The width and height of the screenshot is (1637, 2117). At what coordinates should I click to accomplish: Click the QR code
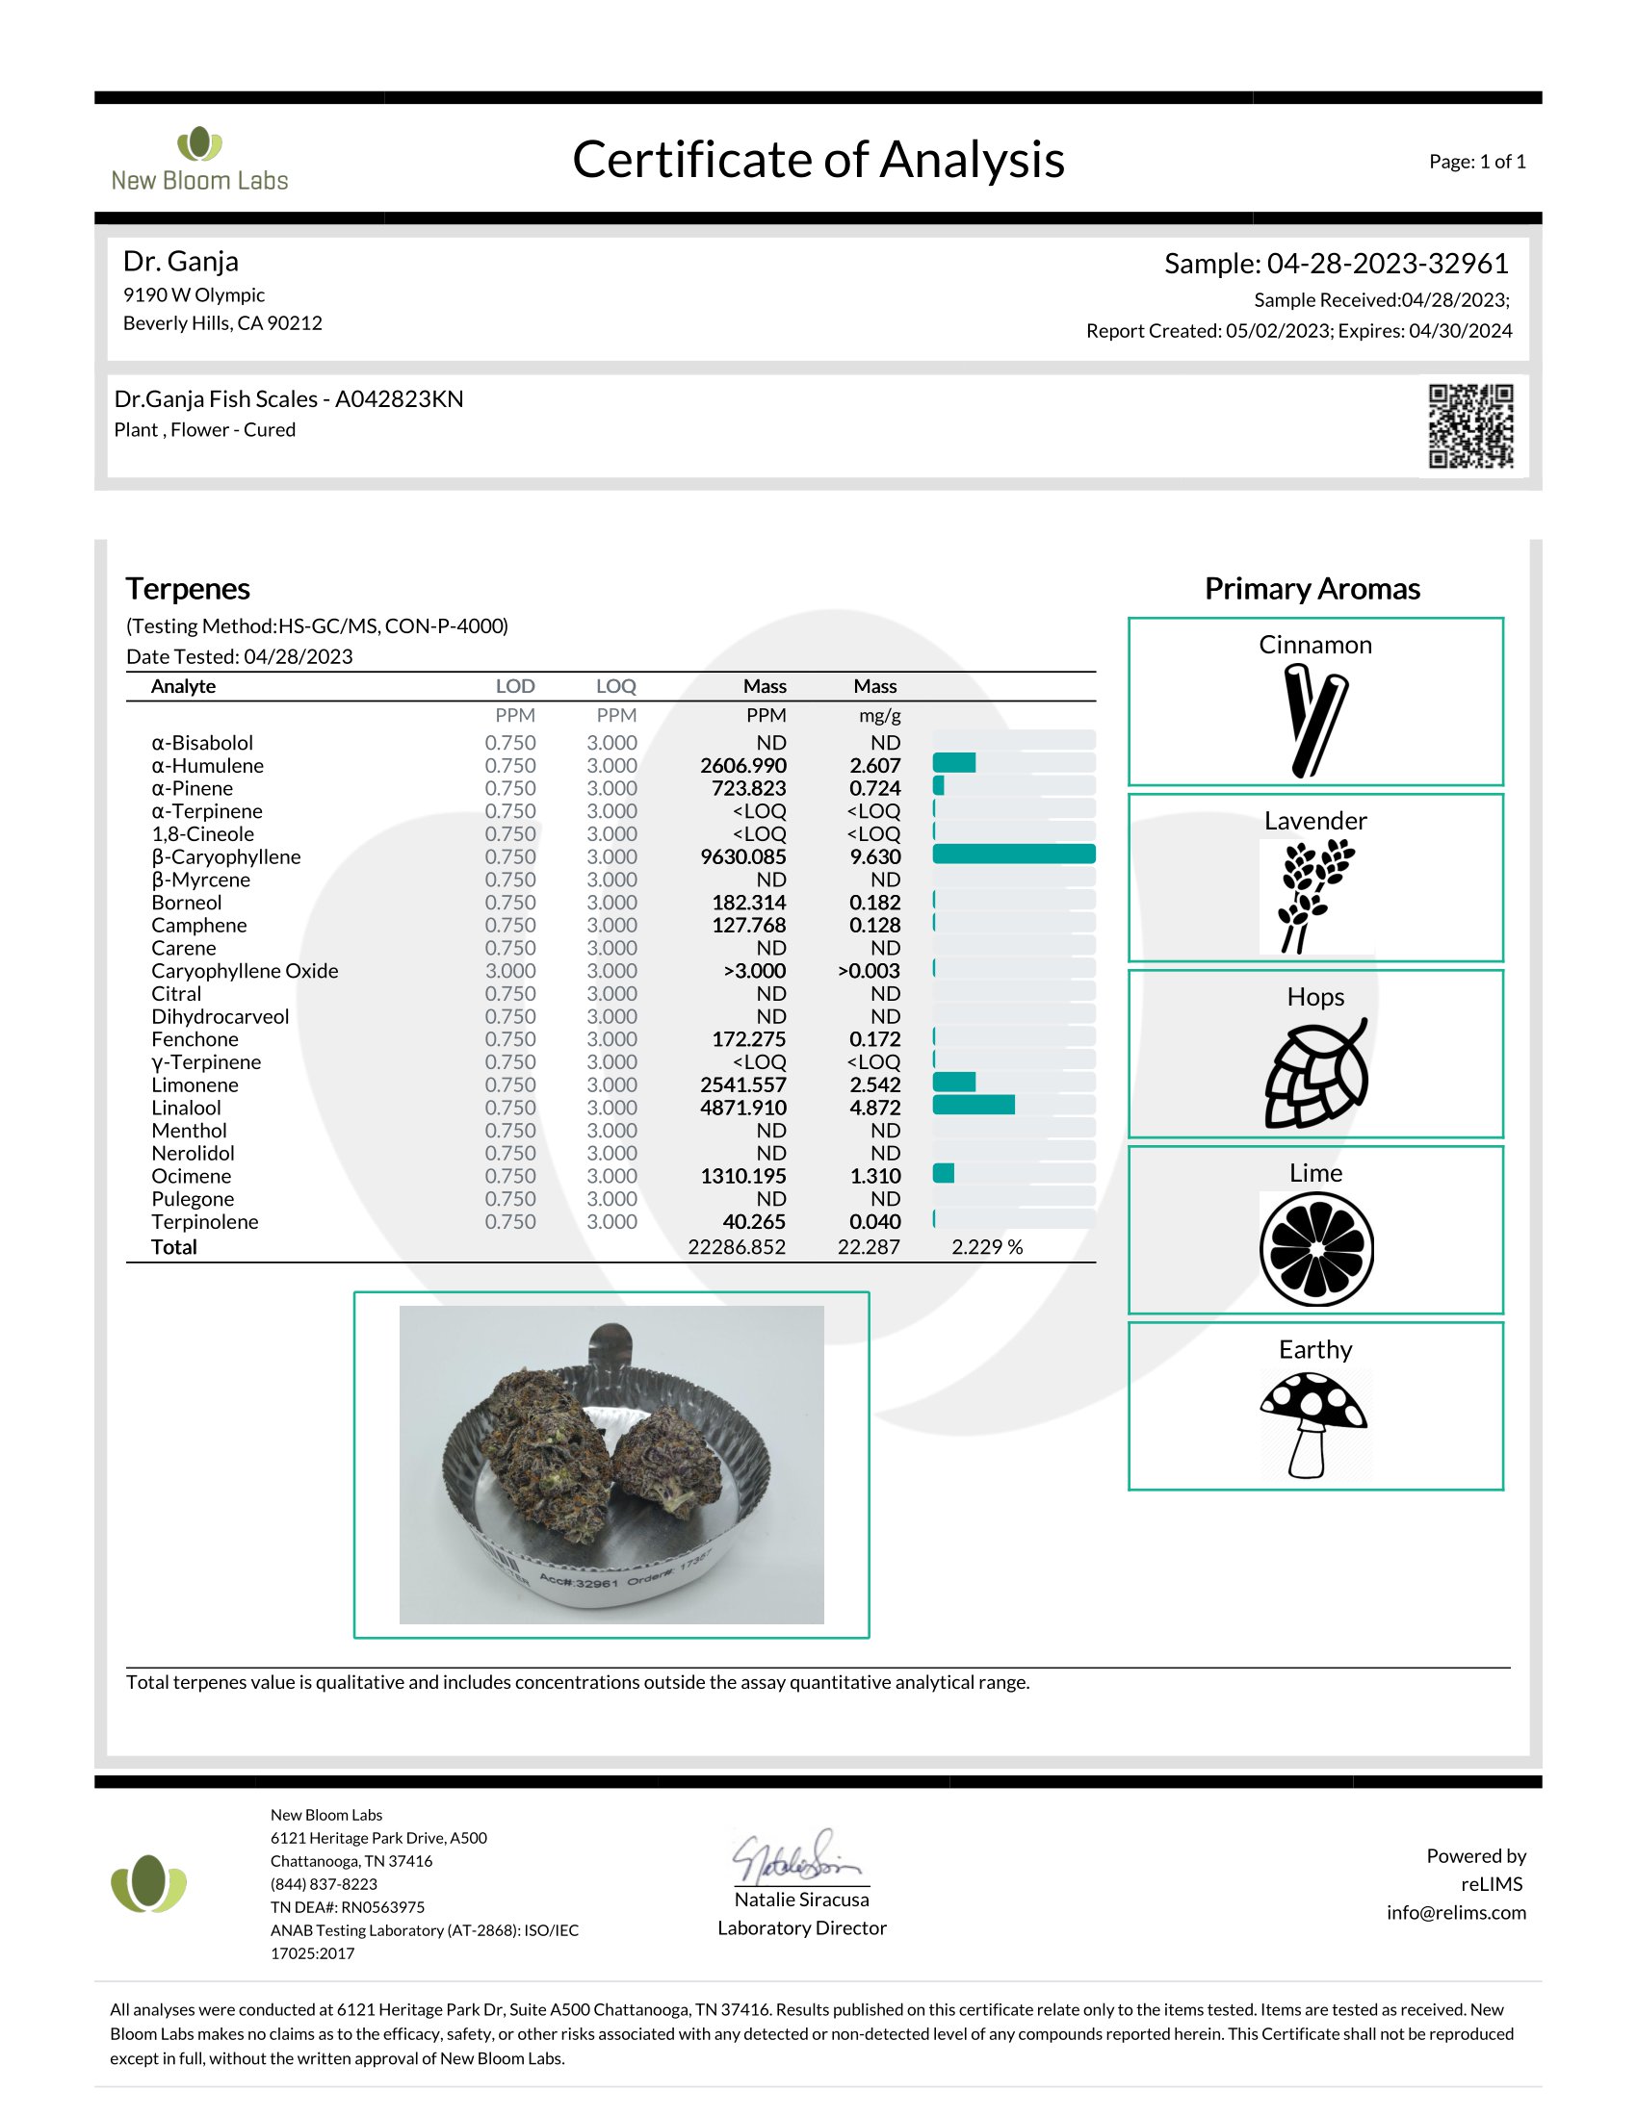1470,425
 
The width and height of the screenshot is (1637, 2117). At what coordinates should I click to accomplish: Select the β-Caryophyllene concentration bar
1013,854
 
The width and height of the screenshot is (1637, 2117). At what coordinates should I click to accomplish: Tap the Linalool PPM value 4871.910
742,1108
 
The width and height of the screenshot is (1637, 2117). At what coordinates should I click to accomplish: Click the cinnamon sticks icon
1314,720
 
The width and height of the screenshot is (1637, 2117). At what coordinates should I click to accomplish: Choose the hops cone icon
1316,1073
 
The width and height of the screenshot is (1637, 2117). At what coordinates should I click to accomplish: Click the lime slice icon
1316,1249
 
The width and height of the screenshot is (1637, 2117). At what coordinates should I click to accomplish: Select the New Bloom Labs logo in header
198,160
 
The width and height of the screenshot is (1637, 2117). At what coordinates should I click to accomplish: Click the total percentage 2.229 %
986,1247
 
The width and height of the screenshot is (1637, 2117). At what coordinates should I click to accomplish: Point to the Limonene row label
195,1085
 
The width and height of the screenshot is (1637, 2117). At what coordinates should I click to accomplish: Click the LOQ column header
616,686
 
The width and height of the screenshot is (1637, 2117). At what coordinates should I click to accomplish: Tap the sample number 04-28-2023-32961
1387,264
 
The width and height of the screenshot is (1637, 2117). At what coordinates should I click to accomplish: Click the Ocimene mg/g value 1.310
874,1177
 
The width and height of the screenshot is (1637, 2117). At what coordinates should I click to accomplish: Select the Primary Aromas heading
1312,589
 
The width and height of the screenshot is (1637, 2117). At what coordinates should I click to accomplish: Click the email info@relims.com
1456,1912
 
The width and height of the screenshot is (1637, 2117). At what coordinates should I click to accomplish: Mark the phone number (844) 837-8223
324,1884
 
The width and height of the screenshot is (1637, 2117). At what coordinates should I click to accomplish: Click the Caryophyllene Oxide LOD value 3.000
510,971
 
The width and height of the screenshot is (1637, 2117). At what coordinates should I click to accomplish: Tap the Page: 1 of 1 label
1476,162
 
